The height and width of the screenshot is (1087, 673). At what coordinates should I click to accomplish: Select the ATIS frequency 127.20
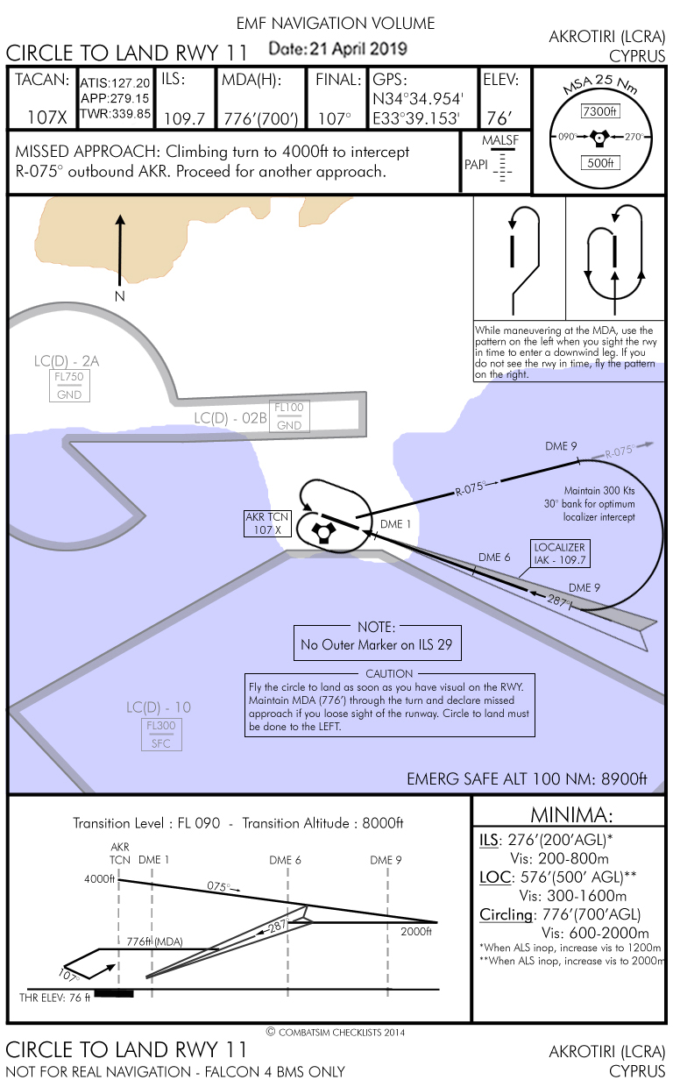(x=115, y=83)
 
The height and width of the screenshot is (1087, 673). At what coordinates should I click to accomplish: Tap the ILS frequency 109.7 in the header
(x=184, y=117)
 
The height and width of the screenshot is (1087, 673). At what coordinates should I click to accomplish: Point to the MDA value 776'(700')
(x=260, y=117)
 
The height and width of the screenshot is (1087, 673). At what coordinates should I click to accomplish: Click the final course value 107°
(x=334, y=117)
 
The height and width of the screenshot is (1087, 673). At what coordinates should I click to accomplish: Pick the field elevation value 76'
(x=499, y=117)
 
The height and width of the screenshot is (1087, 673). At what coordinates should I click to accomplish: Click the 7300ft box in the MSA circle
(x=599, y=111)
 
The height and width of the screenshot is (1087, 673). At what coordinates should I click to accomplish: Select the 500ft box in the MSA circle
(x=599, y=163)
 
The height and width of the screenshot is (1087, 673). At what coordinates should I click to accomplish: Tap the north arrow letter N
(x=120, y=296)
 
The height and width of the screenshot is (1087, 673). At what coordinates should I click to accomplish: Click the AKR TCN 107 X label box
(x=267, y=523)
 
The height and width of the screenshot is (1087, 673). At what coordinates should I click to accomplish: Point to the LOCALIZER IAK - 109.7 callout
(x=561, y=553)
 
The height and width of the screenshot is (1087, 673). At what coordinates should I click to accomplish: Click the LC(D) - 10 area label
(x=159, y=707)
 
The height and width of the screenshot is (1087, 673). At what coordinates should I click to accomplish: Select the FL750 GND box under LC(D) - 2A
(x=69, y=386)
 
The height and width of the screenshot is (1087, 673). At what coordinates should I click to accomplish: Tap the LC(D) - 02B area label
(x=230, y=417)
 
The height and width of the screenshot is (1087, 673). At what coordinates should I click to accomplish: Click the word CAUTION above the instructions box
(x=389, y=673)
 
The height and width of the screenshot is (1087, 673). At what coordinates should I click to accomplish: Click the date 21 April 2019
(x=337, y=49)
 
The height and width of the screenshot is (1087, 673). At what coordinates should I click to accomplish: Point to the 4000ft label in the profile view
(x=100, y=879)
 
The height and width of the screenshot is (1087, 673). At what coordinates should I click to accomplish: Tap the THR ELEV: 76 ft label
(x=55, y=998)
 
